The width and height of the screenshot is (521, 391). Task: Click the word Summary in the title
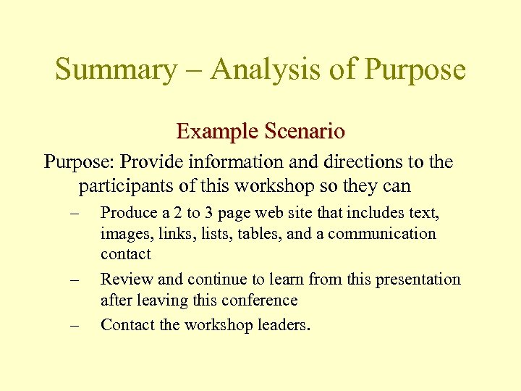point(114,70)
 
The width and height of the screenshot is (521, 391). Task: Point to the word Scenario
point(305,131)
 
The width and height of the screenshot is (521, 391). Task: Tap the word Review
point(126,279)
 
